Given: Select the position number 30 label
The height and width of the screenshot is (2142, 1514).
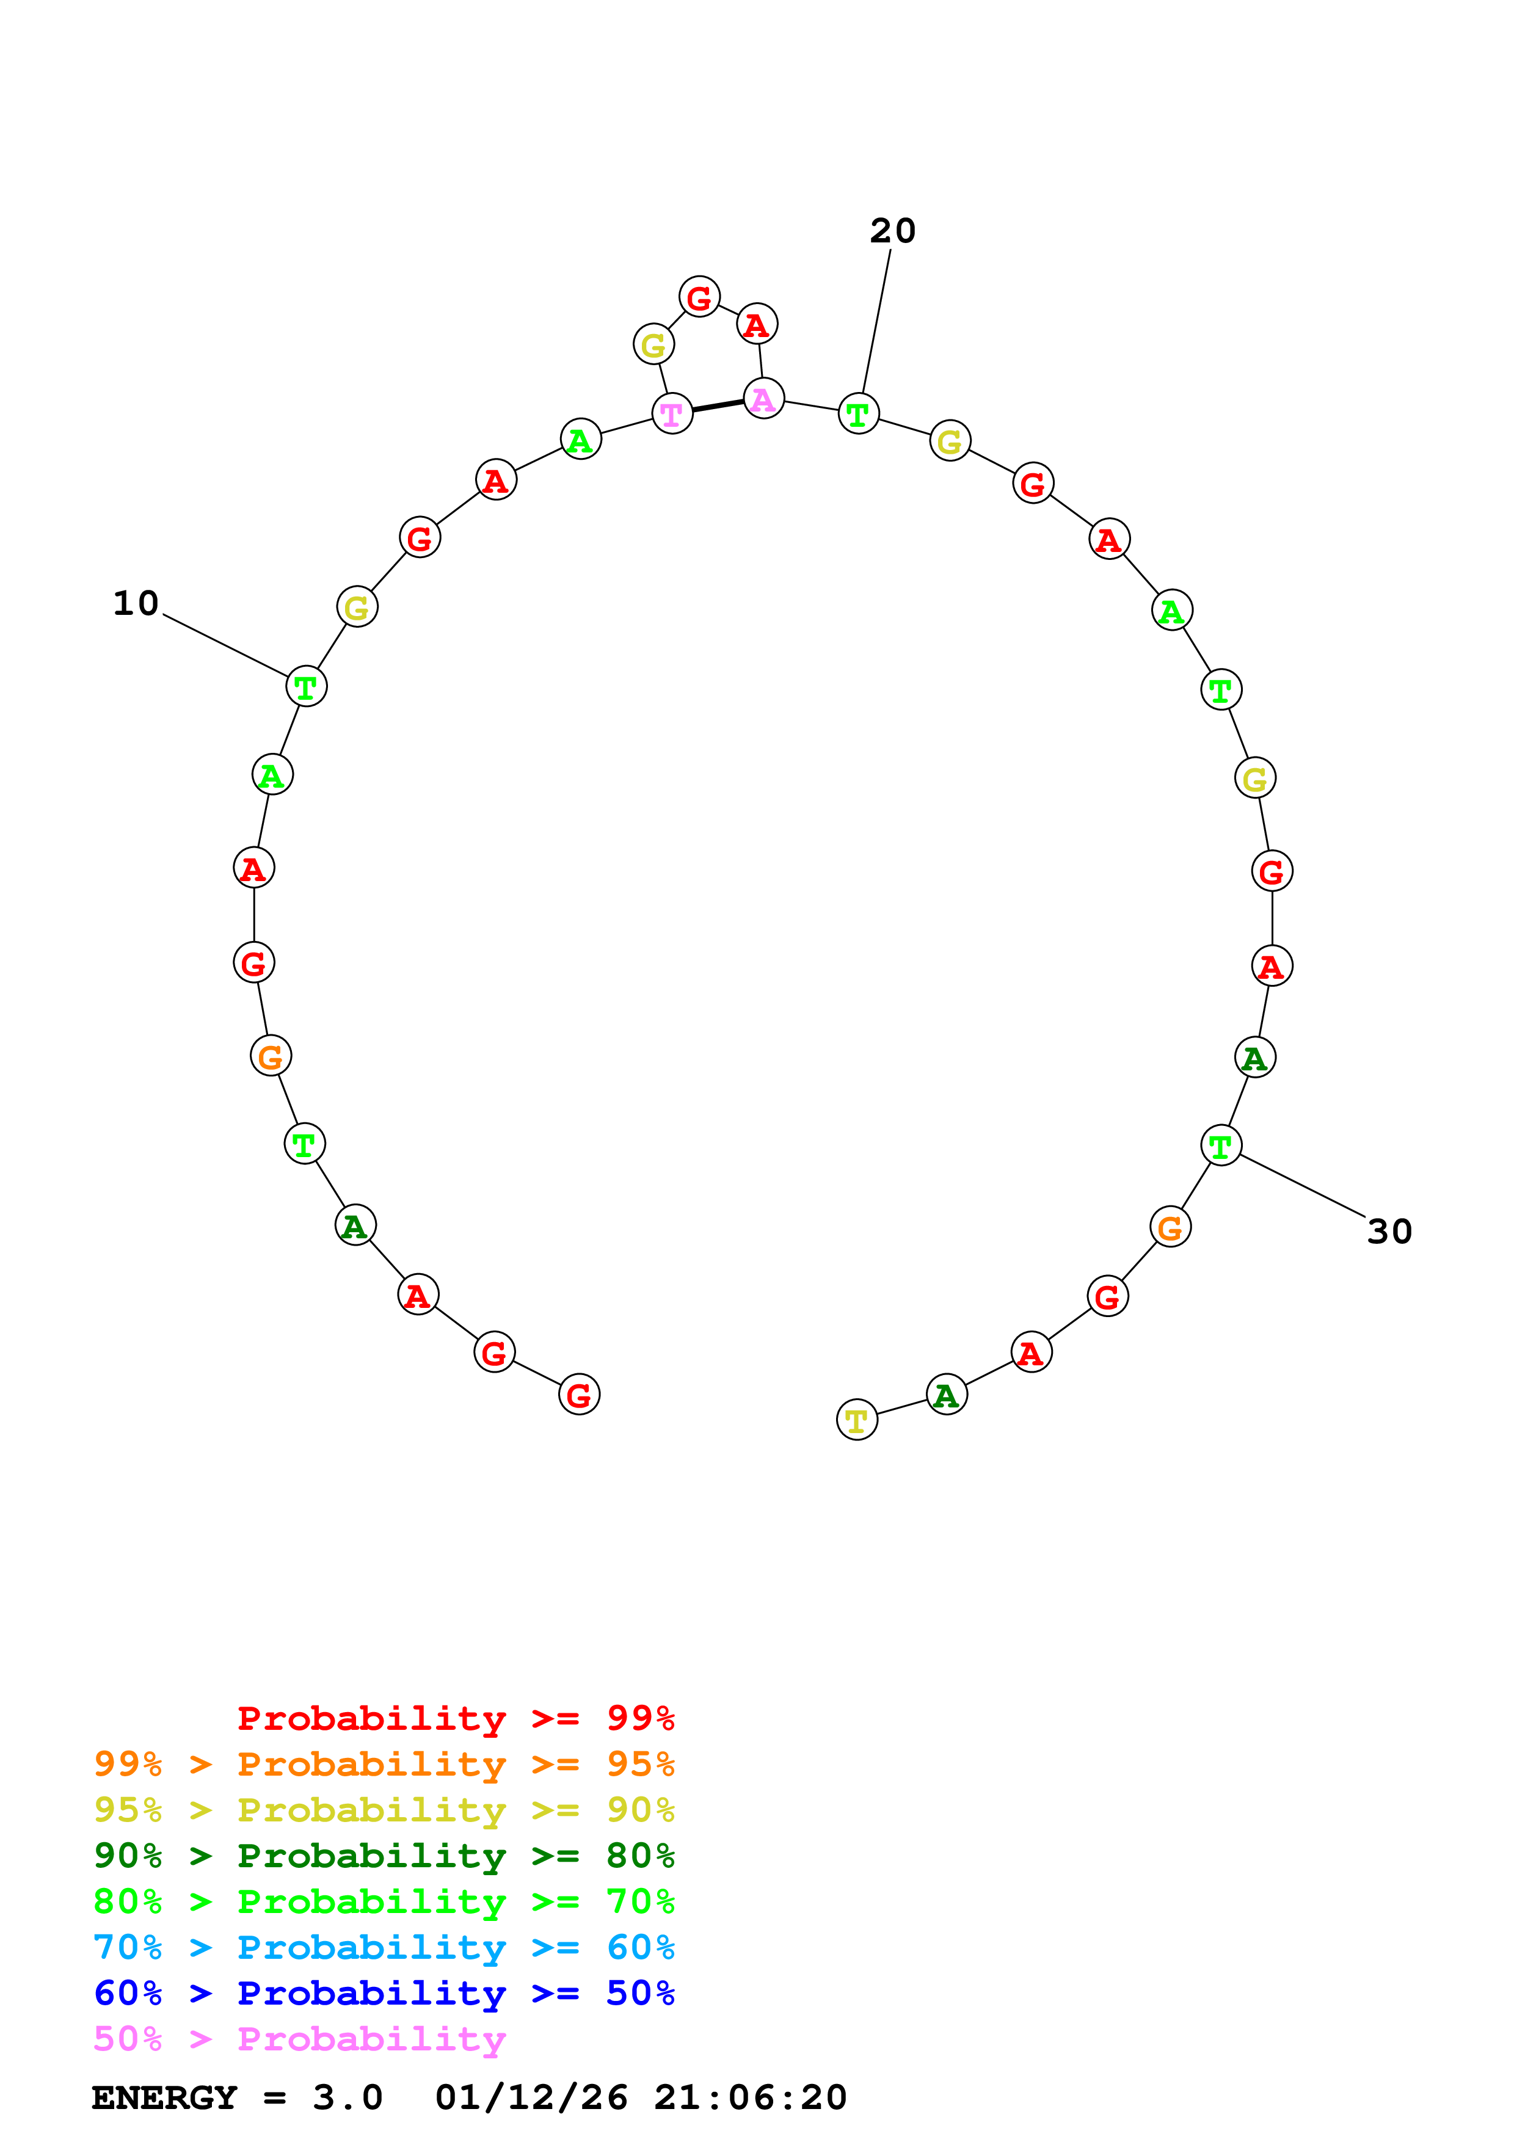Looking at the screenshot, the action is click(x=1388, y=1232).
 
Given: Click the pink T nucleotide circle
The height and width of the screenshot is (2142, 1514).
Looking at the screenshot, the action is click(x=672, y=413).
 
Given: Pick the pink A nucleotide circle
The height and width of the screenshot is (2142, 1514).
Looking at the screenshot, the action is click(x=763, y=399).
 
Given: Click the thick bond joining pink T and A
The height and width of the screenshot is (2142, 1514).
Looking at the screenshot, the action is click(x=718, y=406).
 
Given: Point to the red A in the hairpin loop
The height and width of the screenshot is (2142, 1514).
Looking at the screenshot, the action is click(x=757, y=325).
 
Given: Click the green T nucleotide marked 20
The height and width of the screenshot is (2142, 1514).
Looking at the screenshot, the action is click(x=857, y=413).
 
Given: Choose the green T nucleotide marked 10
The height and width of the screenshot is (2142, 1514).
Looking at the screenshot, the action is click(x=306, y=687).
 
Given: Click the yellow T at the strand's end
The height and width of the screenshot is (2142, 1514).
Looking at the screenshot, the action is click(x=856, y=1420).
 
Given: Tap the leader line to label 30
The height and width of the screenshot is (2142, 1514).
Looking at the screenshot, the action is click(x=1302, y=1186).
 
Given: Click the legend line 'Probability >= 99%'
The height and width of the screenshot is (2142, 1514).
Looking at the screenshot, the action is click(x=455, y=1718).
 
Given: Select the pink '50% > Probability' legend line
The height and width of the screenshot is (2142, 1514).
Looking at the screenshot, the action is click(x=299, y=2038).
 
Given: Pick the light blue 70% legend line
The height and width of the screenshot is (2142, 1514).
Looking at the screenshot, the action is click(x=384, y=1947).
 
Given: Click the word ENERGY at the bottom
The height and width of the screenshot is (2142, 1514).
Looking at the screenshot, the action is click(x=164, y=2097).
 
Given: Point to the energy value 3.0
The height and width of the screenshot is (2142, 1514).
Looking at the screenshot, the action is click(x=347, y=2097).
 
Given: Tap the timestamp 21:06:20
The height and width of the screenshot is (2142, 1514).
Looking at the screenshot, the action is click(x=750, y=2097).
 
